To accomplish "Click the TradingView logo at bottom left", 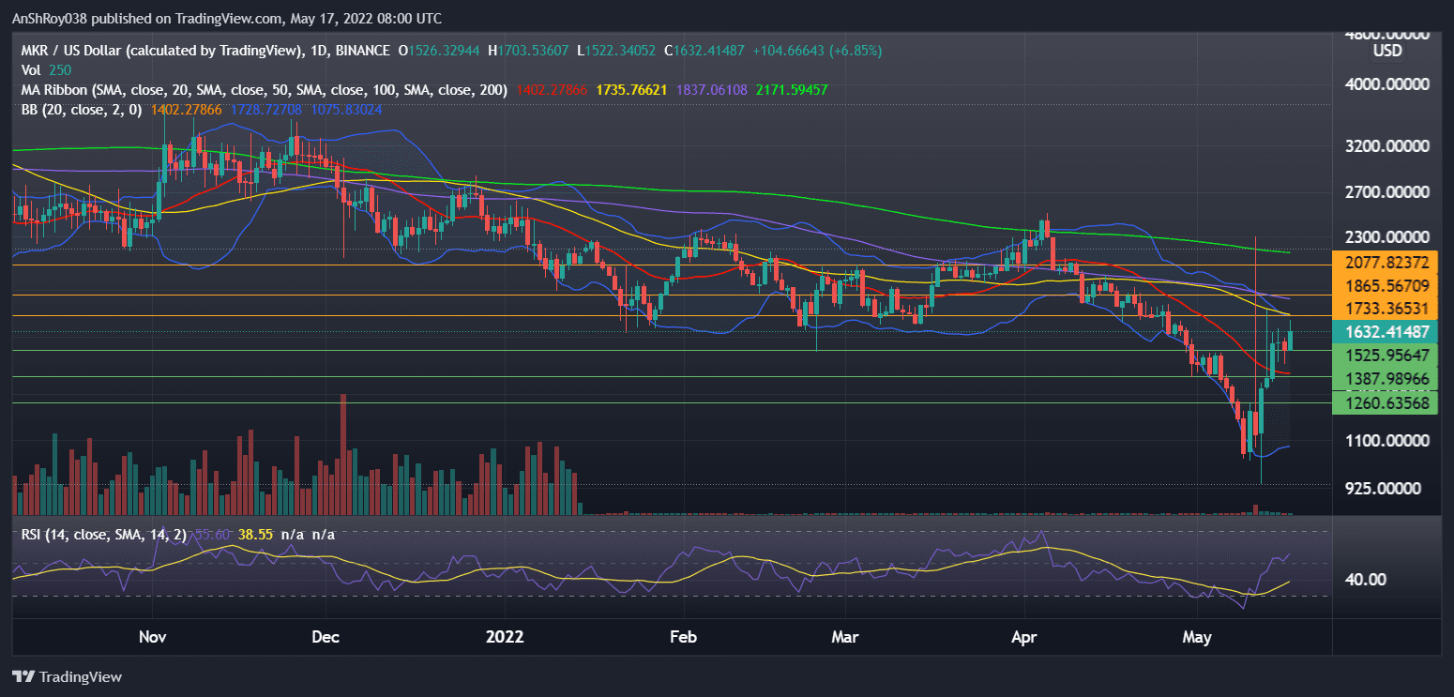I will (67, 676).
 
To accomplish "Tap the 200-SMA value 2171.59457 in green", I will (786, 91).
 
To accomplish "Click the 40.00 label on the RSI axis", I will (1365, 580).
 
